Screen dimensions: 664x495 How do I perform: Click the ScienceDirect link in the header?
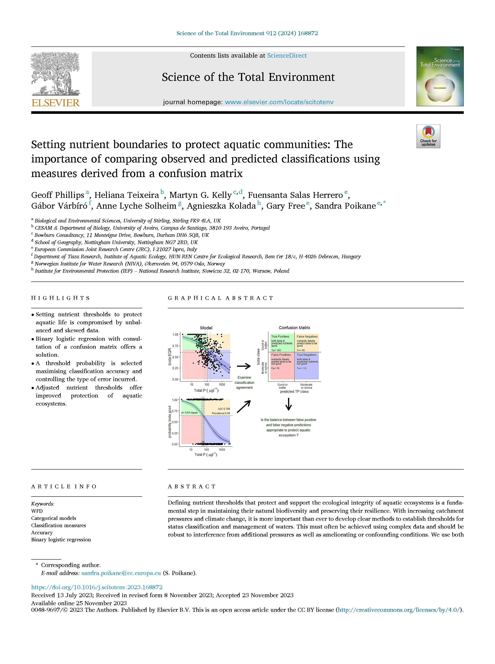coord(287,56)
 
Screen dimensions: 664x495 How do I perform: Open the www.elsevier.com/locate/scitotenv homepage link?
coord(279,102)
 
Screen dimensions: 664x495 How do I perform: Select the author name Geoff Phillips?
coord(57,195)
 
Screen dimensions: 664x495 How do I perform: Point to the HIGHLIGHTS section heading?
coord(60,298)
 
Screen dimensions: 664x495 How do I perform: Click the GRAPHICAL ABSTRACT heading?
coord(221,298)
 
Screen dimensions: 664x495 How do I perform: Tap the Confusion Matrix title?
coord(294,328)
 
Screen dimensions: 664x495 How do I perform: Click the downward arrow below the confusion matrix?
coord(289,404)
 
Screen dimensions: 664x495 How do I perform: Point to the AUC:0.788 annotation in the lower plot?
coord(224,409)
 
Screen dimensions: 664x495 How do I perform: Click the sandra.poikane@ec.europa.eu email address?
coord(121,573)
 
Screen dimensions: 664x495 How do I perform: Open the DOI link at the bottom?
coord(97,587)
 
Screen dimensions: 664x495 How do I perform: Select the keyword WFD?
coord(37,511)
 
